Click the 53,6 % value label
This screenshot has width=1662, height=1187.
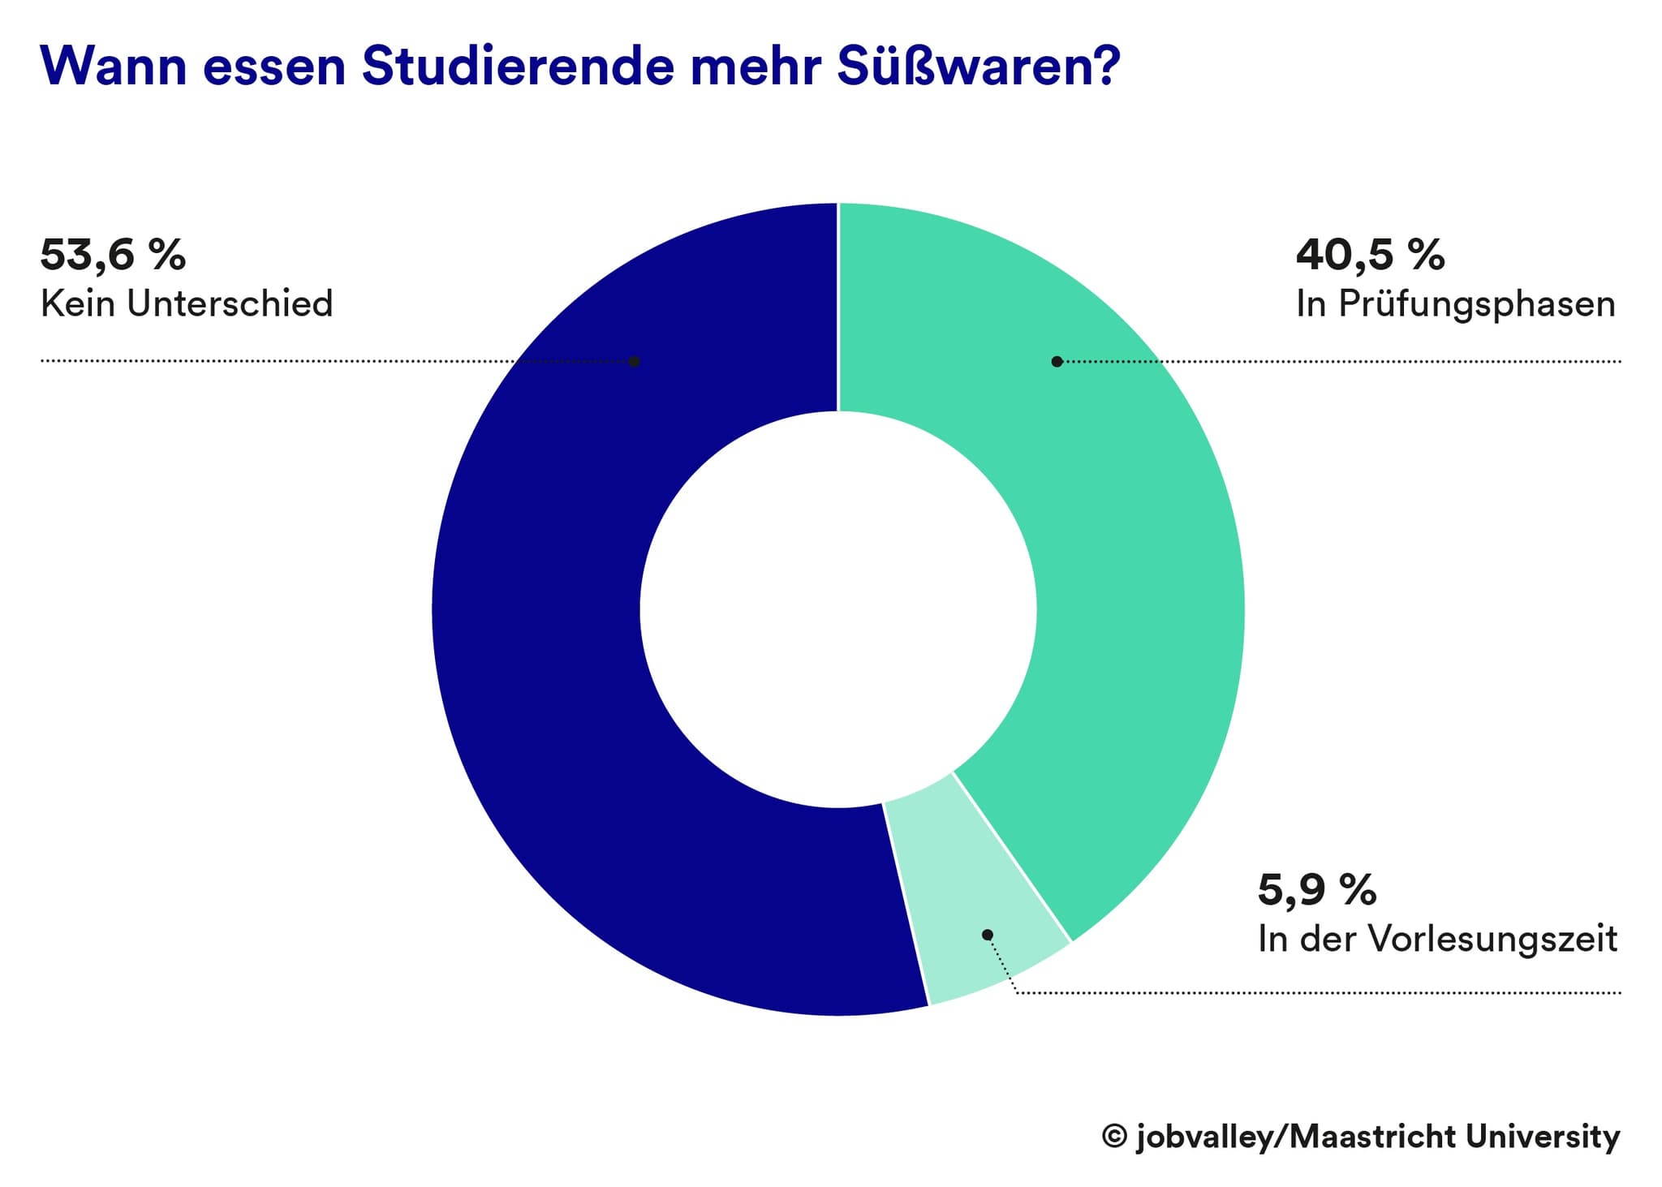pyautogui.click(x=113, y=255)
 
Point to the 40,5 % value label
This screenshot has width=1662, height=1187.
pyautogui.click(x=1370, y=255)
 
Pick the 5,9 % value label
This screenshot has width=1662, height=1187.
pyautogui.click(x=1316, y=890)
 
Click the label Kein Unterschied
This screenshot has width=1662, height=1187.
pyautogui.click(x=187, y=304)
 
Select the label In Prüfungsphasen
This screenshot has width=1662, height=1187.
pyautogui.click(x=1455, y=304)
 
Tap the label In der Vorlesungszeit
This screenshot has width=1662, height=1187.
pyautogui.click(x=1437, y=940)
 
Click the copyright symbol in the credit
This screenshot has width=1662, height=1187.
pyautogui.click(x=1114, y=1136)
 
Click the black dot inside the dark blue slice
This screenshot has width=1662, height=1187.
pyautogui.click(x=635, y=361)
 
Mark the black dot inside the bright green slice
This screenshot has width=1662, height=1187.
pyautogui.click(x=1057, y=361)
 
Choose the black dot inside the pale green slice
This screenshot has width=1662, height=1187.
pyautogui.click(x=988, y=935)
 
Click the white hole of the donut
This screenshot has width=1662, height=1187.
pyautogui.click(x=838, y=609)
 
